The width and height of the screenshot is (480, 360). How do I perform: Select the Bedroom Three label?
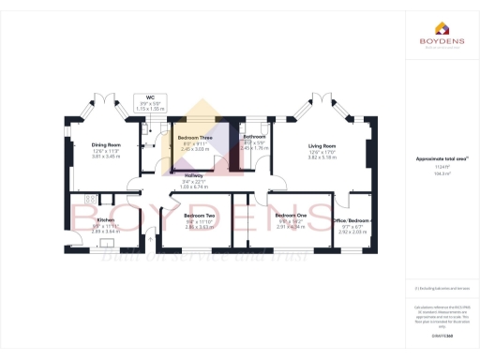pos(195,138)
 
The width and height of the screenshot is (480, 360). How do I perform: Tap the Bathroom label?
pos(255,138)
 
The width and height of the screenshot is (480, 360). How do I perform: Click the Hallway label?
pos(193,175)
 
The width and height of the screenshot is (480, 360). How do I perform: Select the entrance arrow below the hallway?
pos(150,240)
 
